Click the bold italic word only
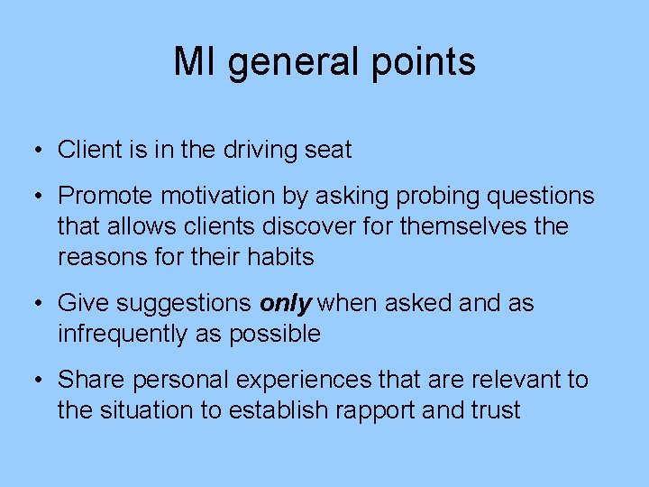click(x=286, y=304)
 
